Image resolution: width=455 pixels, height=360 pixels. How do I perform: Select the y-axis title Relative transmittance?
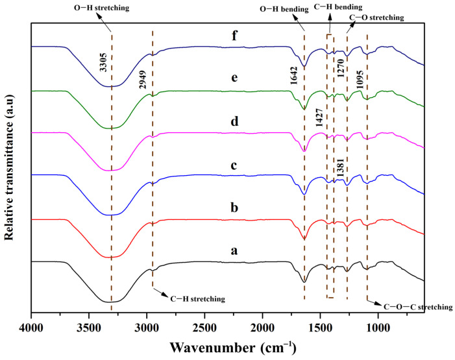tap(10, 169)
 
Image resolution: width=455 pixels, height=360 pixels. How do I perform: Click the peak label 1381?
tap(340, 167)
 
